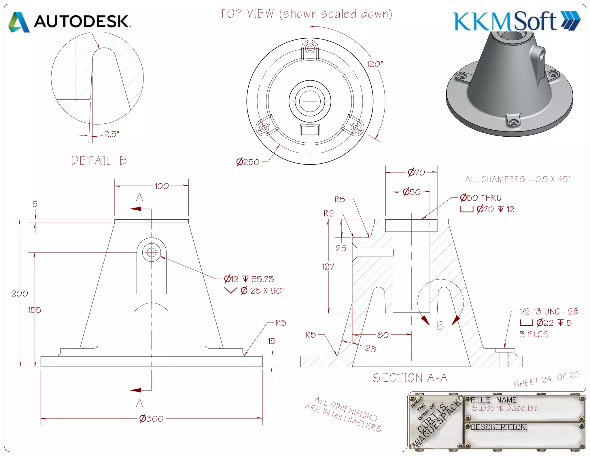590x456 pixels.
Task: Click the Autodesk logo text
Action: (82, 22)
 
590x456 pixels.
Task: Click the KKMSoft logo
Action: (516, 22)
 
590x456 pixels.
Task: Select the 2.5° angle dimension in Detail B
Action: (111, 134)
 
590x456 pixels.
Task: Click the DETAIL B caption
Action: (99, 161)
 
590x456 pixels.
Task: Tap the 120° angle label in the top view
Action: (375, 64)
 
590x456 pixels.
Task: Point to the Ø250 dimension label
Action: (248, 162)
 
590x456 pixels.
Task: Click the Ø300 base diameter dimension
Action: (151, 419)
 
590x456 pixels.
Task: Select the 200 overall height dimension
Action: (20, 294)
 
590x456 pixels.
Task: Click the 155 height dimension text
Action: (35, 310)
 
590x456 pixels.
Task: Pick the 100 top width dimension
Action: (162, 186)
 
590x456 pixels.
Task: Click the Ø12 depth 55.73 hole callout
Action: (249, 279)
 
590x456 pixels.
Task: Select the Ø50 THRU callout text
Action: (481, 198)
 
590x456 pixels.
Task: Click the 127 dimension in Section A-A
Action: (328, 267)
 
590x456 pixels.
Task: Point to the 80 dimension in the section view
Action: (383, 335)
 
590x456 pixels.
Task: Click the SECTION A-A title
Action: (410, 378)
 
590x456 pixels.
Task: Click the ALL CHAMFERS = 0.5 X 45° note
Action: (518, 179)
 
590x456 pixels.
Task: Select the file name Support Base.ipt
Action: (504, 408)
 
